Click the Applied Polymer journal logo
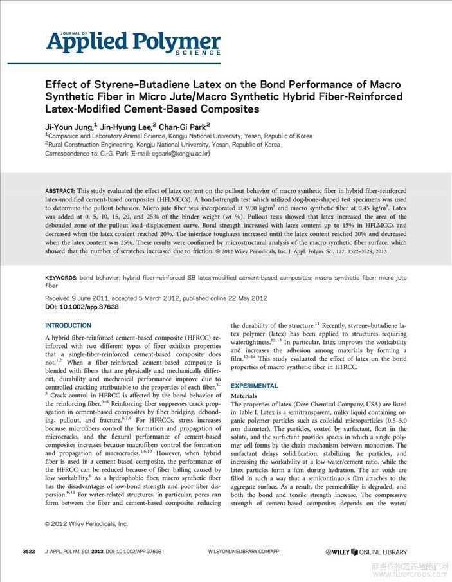click(133, 42)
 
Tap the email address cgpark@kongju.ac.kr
click(179, 154)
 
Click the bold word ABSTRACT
click(59, 192)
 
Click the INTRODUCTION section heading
click(68, 326)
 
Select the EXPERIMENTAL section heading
click(255, 386)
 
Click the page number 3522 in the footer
click(28, 552)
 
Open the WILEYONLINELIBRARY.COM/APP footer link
click(244, 552)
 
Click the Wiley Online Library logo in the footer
click(366, 552)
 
